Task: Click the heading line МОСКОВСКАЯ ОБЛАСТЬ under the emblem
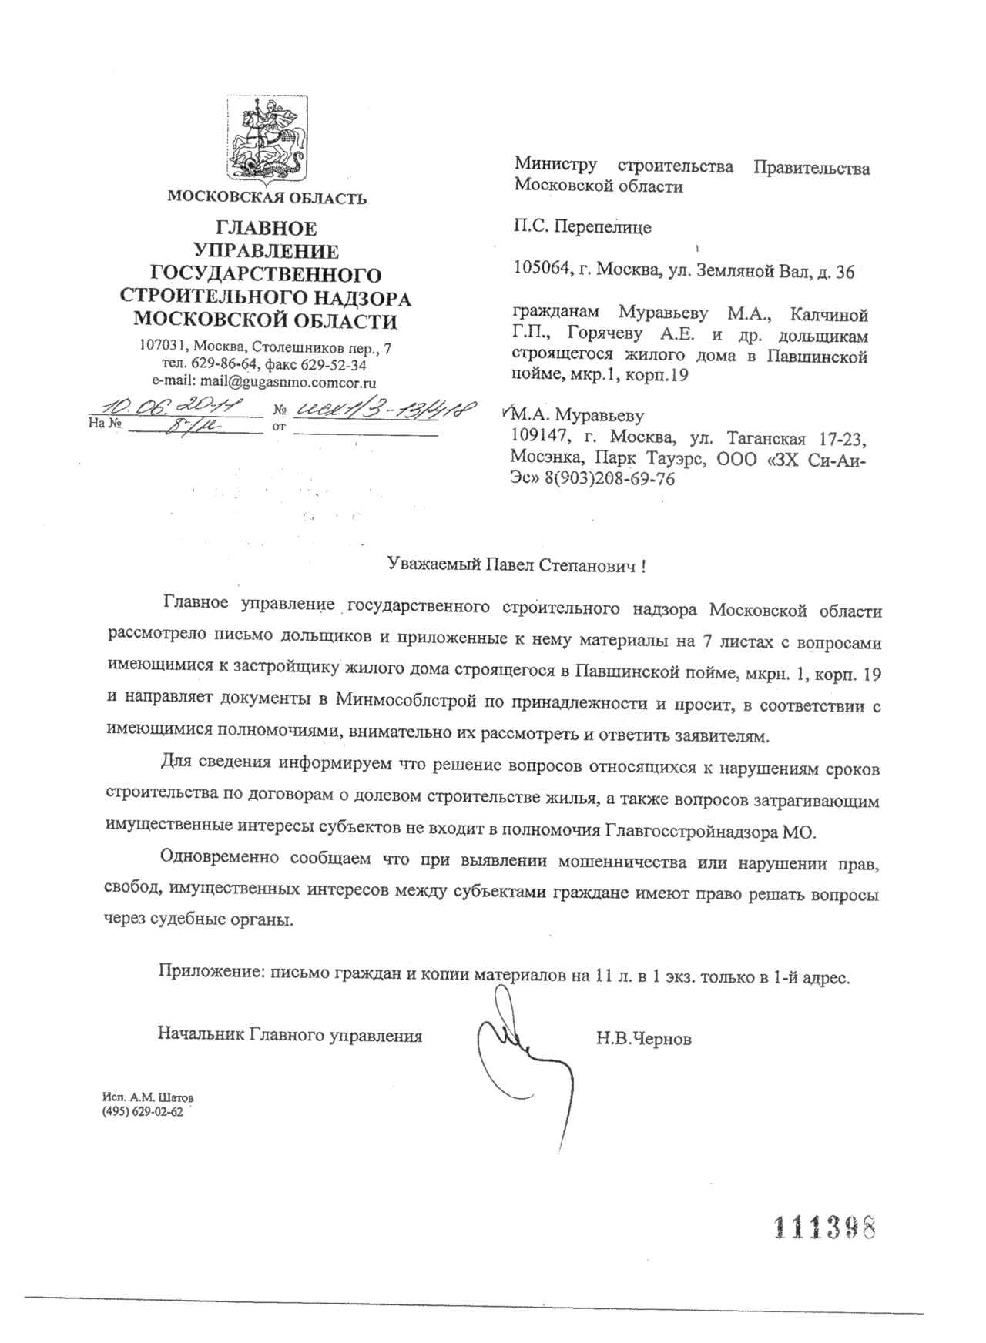pyautogui.click(x=267, y=198)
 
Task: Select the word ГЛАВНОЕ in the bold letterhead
pyautogui.click(x=266, y=229)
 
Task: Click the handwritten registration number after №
pyautogui.click(x=382, y=409)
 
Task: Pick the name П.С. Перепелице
pyautogui.click(x=582, y=227)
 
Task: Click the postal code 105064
pyautogui.click(x=538, y=271)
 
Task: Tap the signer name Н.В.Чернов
pyautogui.click(x=643, y=1040)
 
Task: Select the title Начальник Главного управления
pyautogui.click(x=290, y=1036)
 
